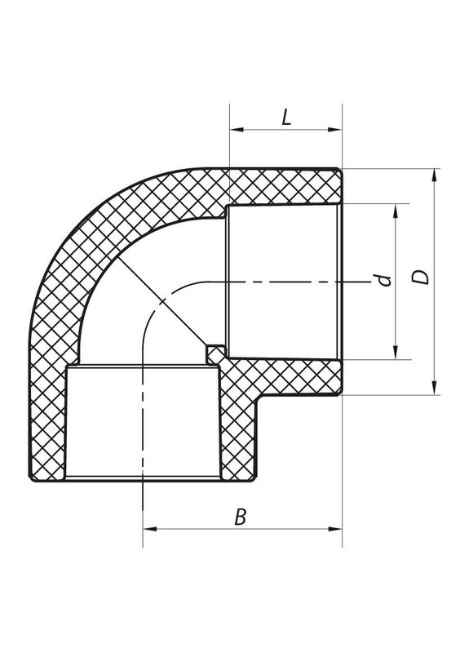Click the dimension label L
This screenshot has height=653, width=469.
286,118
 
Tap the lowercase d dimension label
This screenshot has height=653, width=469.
386,282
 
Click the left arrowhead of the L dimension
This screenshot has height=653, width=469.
235,129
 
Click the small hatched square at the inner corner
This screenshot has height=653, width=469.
215,353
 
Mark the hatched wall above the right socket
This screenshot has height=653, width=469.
285,188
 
